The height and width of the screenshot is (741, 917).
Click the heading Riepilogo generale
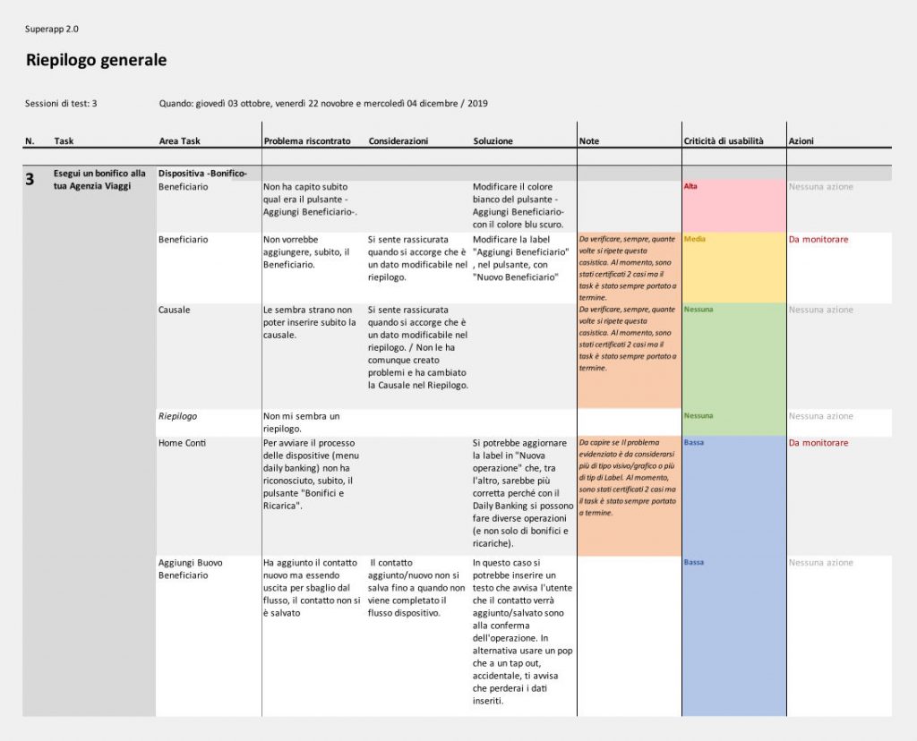97,61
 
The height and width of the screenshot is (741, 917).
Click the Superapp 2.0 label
52,29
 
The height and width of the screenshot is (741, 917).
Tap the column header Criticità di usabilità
724,141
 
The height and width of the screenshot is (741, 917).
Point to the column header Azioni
801,141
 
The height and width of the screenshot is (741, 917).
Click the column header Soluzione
493,141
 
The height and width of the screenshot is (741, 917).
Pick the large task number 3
30,180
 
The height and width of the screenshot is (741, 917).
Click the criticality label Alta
690,186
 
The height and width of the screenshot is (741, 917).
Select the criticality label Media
694,240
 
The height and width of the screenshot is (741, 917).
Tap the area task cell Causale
175,310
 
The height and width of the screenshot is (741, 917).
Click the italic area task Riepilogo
178,416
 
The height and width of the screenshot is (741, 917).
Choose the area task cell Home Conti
182,443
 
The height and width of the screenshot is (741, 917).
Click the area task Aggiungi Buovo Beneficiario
191,569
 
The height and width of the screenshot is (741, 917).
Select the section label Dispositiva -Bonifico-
202,173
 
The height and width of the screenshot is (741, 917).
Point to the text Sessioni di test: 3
61,104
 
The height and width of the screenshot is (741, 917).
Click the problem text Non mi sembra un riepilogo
302,422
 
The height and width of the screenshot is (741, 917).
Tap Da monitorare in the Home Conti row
818,443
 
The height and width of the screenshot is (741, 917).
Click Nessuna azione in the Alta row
820,187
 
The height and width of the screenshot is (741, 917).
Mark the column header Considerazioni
399,141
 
